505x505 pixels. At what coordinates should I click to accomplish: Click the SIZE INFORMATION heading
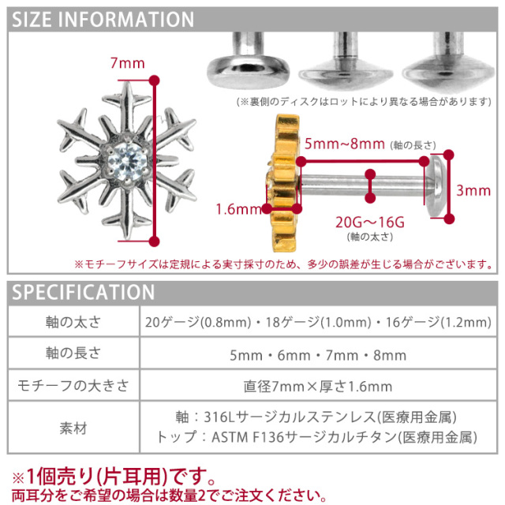103,20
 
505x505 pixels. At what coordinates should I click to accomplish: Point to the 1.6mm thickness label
238,210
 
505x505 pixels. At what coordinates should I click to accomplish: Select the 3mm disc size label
473,190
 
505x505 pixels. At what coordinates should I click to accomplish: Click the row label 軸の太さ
72,323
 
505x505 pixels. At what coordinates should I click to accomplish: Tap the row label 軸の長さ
72,355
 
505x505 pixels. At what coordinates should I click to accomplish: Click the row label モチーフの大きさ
72,387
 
